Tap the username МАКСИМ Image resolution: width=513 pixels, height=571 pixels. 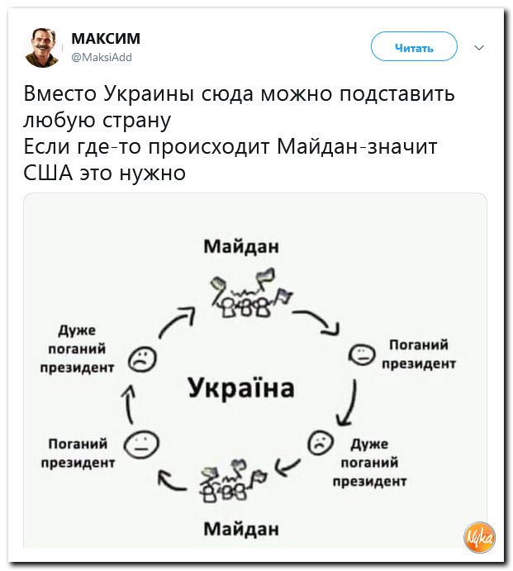click(106, 39)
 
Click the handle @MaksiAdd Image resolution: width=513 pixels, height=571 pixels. click(102, 57)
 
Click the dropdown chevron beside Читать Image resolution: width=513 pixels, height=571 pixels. click(479, 48)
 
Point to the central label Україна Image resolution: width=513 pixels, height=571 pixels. click(240, 387)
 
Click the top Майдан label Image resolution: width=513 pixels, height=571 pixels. click(240, 245)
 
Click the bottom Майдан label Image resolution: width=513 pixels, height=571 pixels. click(240, 527)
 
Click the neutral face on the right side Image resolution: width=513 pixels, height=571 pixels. click(361, 354)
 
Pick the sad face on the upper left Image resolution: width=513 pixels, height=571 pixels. click(141, 358)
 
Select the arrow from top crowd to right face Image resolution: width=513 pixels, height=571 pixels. click(321, 320)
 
